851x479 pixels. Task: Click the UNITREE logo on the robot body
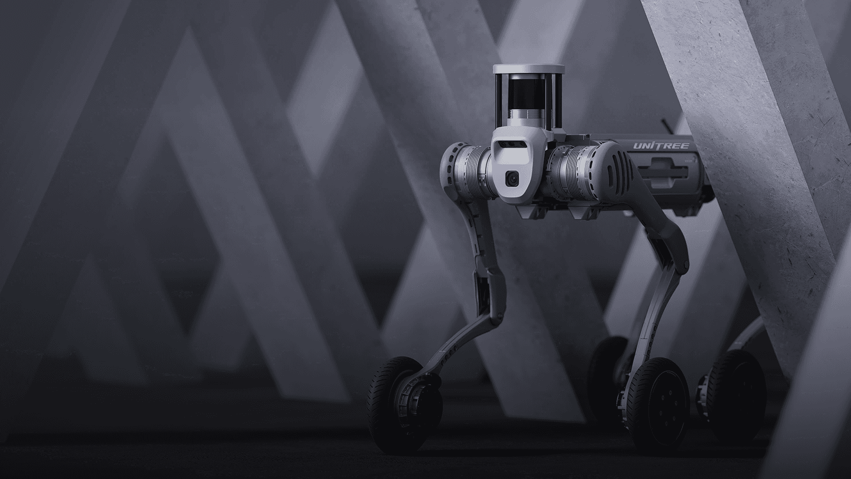tap(661, 145)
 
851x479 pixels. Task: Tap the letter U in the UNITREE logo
tap(637, 146)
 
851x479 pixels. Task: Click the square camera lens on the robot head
tap(512, 178)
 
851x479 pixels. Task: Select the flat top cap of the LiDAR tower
tap(529, 69)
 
